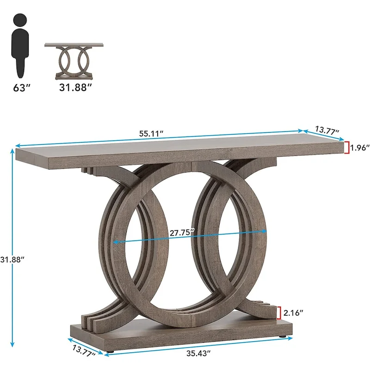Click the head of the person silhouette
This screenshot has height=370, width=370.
[x=19, y=21]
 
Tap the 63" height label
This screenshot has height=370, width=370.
[x=21, y=87]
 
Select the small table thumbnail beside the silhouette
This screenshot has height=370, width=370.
[x=74, y=61]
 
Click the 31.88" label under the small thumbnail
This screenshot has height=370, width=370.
[x=73, y=87]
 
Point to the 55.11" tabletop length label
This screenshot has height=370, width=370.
[x=151, y=133]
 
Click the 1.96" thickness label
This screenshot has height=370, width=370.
[x=359, y=148]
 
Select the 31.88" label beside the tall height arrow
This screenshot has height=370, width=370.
[x=12, y=259]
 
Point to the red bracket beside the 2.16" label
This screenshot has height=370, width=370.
[x=279, y=313]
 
